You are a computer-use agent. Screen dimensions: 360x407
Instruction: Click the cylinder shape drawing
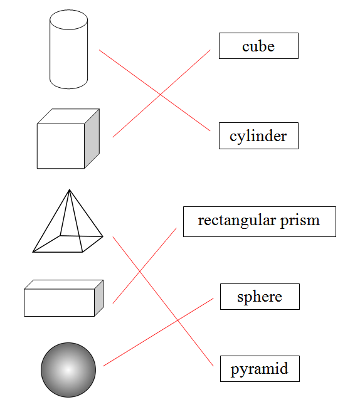[68, 50]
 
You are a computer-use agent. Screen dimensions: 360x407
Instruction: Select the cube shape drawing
[68, 139]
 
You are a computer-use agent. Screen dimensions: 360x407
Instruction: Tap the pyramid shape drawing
[68, 221]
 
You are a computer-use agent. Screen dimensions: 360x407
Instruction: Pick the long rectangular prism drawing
[63, 298]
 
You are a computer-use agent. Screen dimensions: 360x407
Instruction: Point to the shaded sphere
[68, 370]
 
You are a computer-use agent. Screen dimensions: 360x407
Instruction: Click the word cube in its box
[258, 46]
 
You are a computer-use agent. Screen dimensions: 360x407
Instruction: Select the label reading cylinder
[258, 135]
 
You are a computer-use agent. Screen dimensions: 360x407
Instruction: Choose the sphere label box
[260, 297]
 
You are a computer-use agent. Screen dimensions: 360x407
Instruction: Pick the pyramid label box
[260, 369]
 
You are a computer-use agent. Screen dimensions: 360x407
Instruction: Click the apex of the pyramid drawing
[69, 189]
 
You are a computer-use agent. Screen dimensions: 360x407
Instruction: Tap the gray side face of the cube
[92, 139]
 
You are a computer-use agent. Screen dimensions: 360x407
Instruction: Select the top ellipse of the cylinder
[68, 19]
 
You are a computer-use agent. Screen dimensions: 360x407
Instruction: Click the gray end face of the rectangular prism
[99, 298]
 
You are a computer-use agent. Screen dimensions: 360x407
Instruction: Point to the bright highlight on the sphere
[68, 370]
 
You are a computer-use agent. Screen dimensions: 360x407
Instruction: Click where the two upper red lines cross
[161, 95]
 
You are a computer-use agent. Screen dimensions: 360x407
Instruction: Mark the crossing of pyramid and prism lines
[140, 272]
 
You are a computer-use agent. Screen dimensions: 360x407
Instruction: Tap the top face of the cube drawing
[68, 116]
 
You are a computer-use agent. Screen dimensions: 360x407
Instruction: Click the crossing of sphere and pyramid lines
[177, 320]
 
